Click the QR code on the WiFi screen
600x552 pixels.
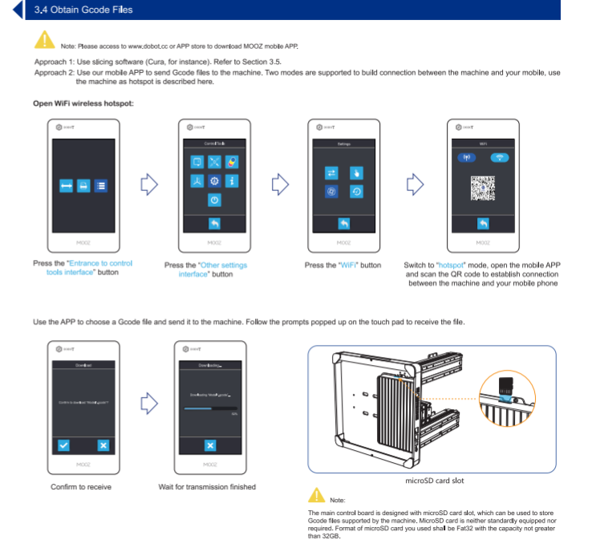[483, 186]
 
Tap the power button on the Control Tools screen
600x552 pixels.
[214, 199]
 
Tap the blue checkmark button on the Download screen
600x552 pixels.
[64, 445]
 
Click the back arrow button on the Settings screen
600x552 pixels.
[343, 224]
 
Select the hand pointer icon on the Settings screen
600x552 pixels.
[358, 172]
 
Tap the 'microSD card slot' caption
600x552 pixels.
[432, 481]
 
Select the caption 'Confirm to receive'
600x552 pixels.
[81, 487]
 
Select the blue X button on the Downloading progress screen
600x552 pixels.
[210, 445]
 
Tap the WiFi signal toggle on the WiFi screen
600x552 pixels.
[500, 157]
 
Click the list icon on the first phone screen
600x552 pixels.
[100, 186]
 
